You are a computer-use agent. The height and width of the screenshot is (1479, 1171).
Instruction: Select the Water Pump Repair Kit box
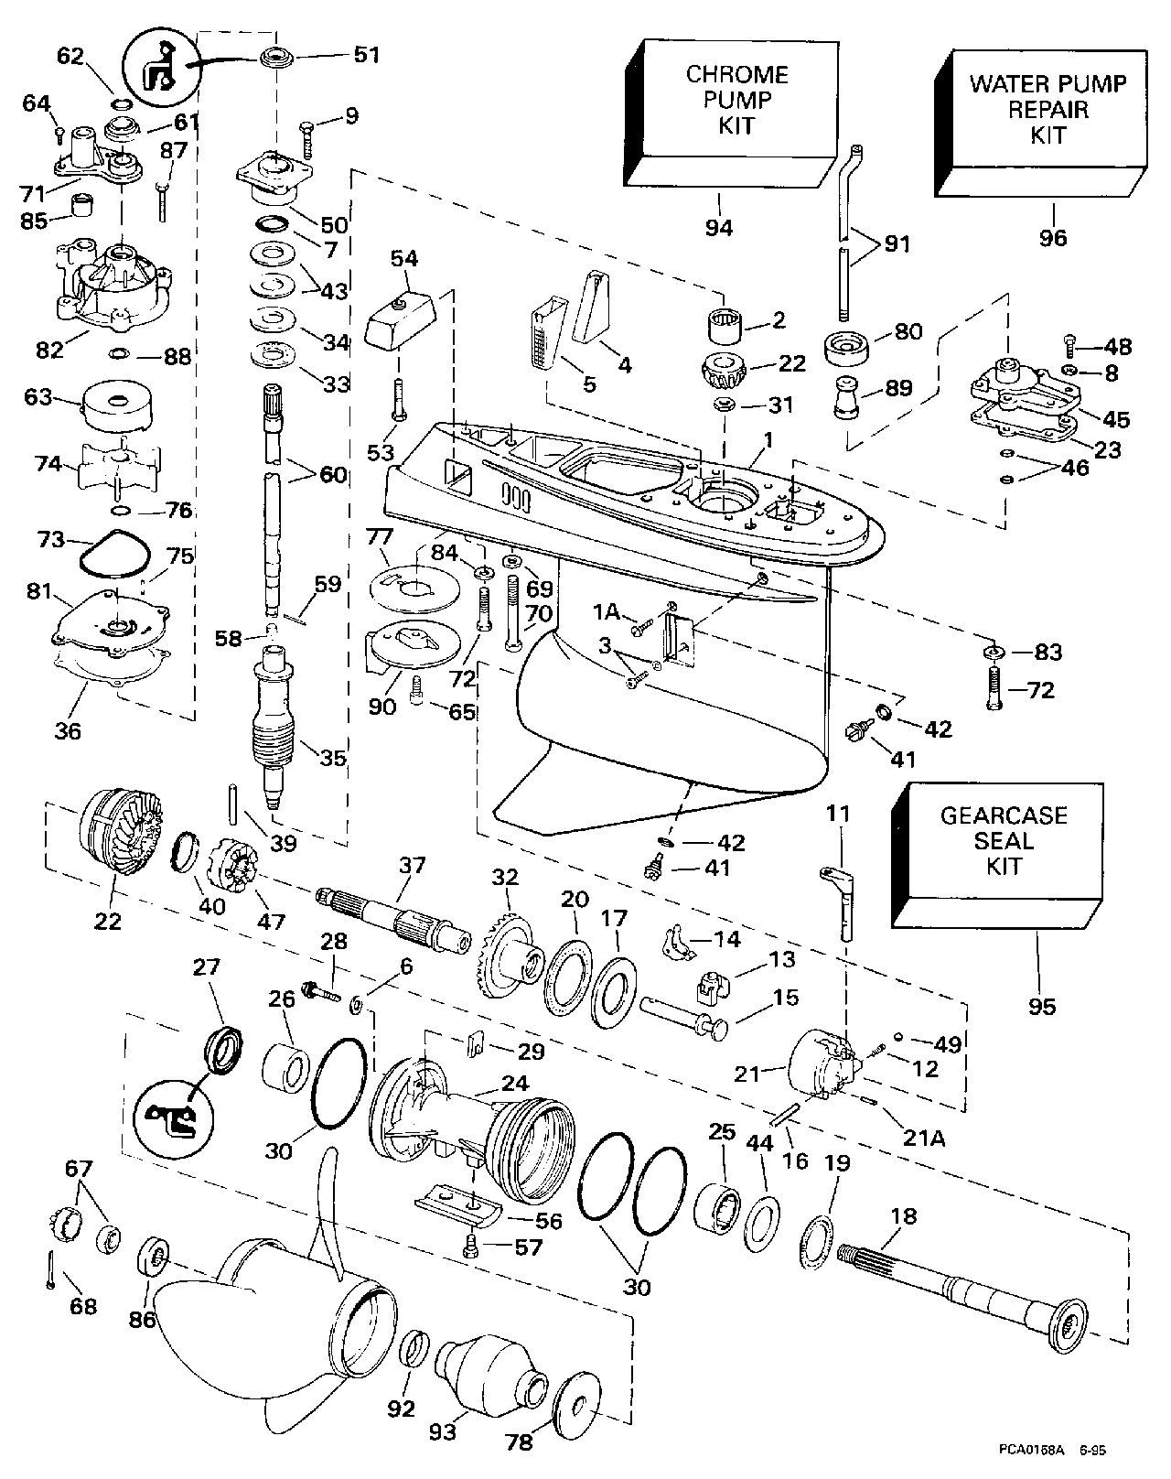pos(1048,109)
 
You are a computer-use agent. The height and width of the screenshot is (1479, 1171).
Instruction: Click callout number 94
pos(719,227)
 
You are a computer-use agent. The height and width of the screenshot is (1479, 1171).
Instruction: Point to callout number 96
pos(1053,237)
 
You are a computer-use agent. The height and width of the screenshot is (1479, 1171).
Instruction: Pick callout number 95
pos(1042,1006)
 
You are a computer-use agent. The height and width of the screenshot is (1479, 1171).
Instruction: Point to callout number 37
pos(412,866)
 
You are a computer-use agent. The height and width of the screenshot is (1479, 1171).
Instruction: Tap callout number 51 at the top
pos(366,55)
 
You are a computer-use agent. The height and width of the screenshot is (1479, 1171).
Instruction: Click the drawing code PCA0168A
pos(1033,1449)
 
